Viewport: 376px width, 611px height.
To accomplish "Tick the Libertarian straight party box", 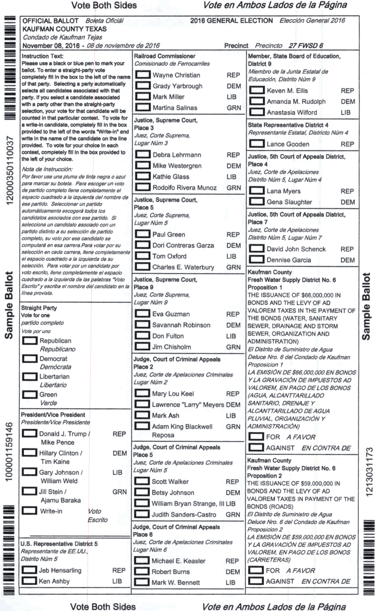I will coord(29,376).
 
